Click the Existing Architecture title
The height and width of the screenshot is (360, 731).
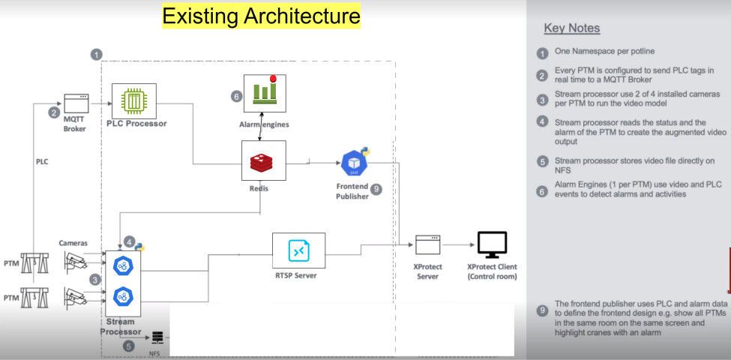click(262, 16)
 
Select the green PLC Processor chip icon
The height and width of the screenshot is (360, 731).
click(132, 99)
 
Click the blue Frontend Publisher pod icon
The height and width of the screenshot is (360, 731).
click(353, 163)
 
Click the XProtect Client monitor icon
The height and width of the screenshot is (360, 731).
click(492, 244)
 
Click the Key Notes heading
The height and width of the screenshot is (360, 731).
click(571, 28)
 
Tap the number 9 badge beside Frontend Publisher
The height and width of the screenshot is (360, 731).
click(376, 190)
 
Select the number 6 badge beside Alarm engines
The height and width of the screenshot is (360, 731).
click(236, 96)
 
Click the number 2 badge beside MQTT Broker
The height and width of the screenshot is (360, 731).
click(54, 113)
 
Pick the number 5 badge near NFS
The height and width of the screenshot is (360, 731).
click(129, 346)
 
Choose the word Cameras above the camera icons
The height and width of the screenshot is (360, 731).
click(74, 242)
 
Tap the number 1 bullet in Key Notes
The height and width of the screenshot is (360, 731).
click(542, 53)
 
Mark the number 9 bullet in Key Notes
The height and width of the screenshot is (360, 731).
click(542, 309)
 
